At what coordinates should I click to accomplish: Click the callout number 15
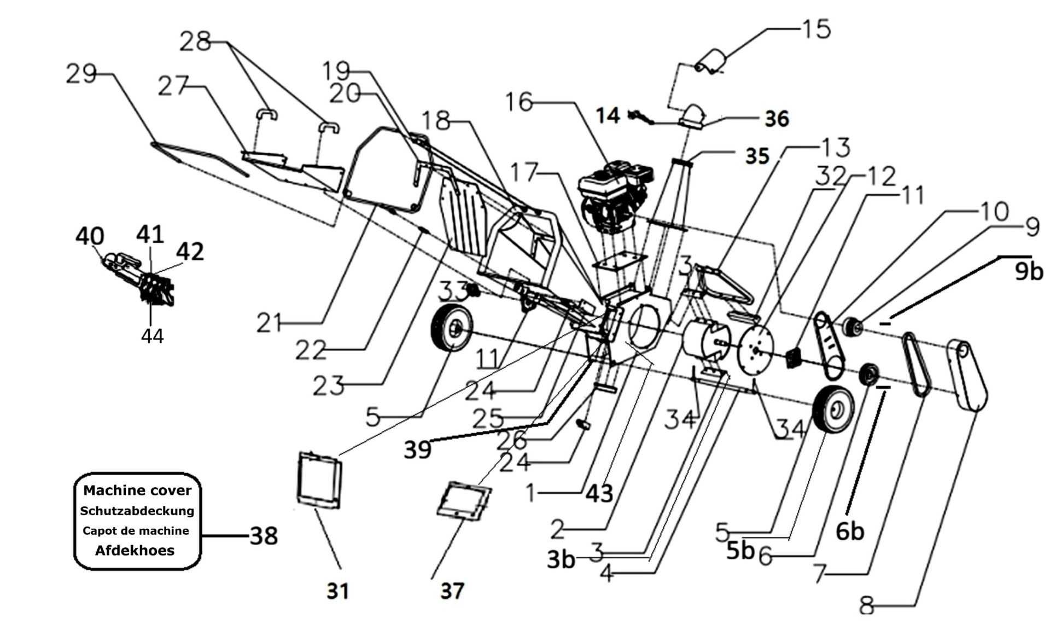[816, 29]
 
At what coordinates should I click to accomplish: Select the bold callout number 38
[264, 536]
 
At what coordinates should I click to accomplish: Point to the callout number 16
[518, 102]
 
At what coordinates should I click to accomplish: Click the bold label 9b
[1029, 271]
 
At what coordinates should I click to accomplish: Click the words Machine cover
[137, 490]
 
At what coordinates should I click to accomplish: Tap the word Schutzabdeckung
[137, 511]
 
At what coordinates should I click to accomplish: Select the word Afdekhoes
[135, 551]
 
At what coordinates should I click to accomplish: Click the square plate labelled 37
[464, 501]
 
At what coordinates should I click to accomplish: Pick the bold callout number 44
[152, 336]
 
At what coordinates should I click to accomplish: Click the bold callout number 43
[599, 494]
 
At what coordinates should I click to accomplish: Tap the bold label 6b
[850, 531]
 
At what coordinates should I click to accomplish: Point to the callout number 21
[269, 324]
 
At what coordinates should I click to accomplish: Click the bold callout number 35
[757, 156]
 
